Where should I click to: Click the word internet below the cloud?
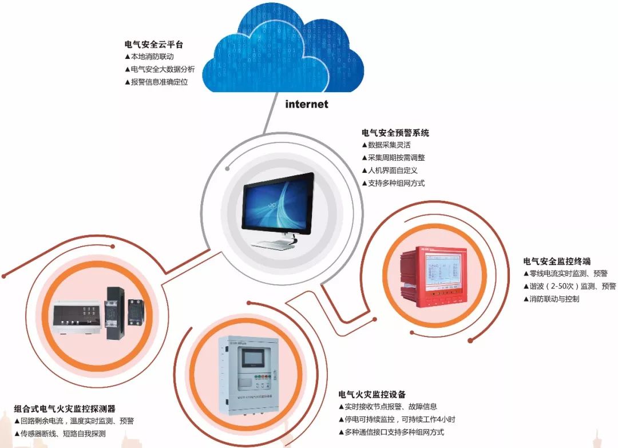tap(307, 104)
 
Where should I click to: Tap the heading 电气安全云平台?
tap(154, 44)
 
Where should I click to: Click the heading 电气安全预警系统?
tap(395, 133)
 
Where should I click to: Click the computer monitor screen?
tap(278, 206)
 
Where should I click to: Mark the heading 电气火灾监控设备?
tap(372, 394)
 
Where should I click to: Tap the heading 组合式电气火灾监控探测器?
tap(65, 409)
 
